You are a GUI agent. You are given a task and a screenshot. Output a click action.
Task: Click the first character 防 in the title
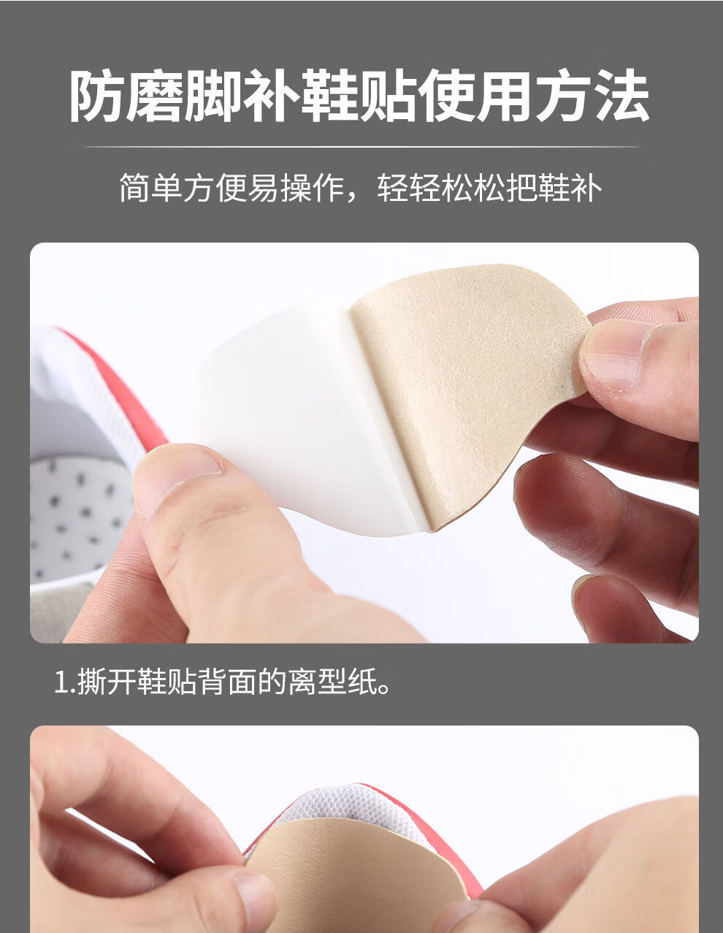[x=97, y=96]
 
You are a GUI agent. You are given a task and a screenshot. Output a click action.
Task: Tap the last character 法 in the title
[x=621, y=96]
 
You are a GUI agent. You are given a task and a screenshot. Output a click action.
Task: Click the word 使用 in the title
[x=475, y=96]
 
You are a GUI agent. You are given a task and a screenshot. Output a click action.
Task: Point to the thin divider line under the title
[x=361, y=147]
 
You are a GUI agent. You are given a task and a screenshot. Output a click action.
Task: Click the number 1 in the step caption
[x=61, y=683]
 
